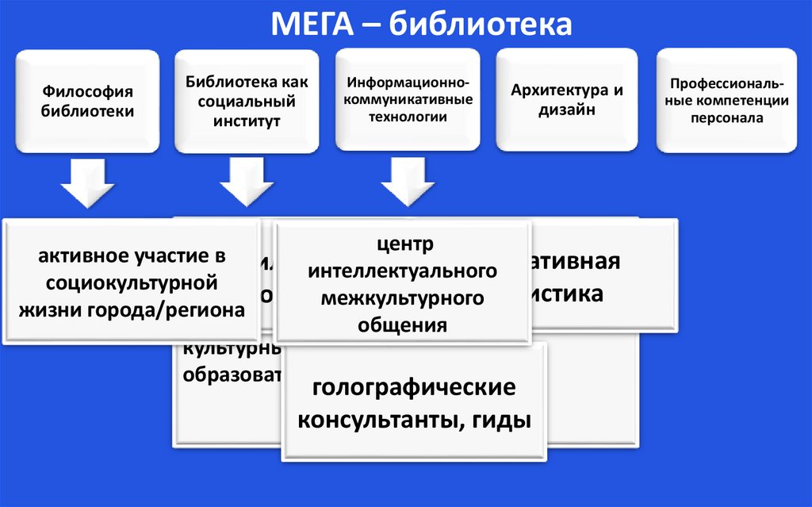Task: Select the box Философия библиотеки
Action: tap(87, 101)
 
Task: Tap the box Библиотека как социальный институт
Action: tap(247, 101)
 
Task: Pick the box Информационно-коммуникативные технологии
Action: tap(408, 100)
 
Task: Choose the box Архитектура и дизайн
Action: tap(567, 100)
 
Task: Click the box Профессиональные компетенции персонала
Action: tap(727, 100)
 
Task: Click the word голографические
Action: tap(414, 389)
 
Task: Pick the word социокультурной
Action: tap(132, 282)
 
